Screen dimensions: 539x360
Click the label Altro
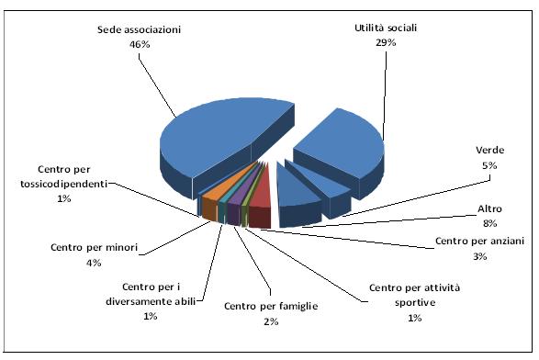pyautogui.click(x=489, y=208)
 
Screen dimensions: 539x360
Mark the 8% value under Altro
pyautogui.click(x=489, y=222)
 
